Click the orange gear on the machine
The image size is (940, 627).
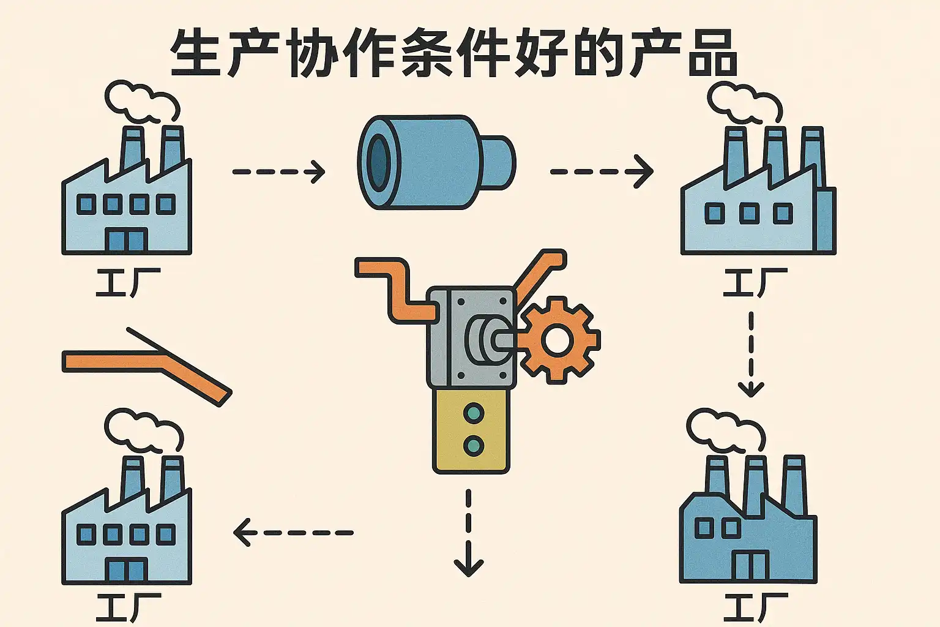(x=557, y=340)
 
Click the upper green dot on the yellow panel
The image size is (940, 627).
(x=474, y=413)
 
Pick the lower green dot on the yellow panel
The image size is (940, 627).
(x=474, y=445)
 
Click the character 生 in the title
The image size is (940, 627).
(x=195, y=53)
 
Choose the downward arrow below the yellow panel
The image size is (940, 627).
(x=469, y=533)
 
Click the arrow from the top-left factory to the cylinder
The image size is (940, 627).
(x=278, y=171)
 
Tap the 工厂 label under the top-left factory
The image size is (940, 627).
(x=128, y=283)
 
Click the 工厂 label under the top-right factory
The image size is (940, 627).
(x=755, y=283)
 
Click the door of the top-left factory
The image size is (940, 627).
(x=127, y=240)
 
